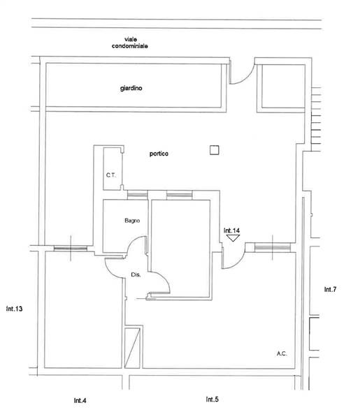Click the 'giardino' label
pyautogui.click(x=131, y=88)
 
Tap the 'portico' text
pyautogui.click(x=159, y=154)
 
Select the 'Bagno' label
pyautogui.click(x=132, y=221)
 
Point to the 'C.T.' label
pyautogui.click(x=111, y=175)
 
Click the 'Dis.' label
pyautogui.click(x=136, y=274)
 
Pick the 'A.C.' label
pyautogui.click(x=282, y=353)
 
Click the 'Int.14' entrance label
pyautogui.click(x=231, y=230)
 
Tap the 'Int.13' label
pyautogui.click(x=14, y=309)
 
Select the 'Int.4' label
pyautogui.click(x=80, y=400)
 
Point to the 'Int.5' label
pyautogui.click(x=213, y=399)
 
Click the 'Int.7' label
pyautogui.click(x=331, y=289)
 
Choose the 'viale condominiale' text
pyautogui.click(x=130, y=43)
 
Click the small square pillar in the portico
pyautogui.click(x=214, y=150)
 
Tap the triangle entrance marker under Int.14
pyautogui.click(x=233, y=238)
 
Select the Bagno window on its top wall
pyautogui.click(x=138, y=195)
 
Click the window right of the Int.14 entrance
pyautogui.click(x=273, y=247)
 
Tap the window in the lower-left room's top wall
pyautogui.click(x=71, y=249)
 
